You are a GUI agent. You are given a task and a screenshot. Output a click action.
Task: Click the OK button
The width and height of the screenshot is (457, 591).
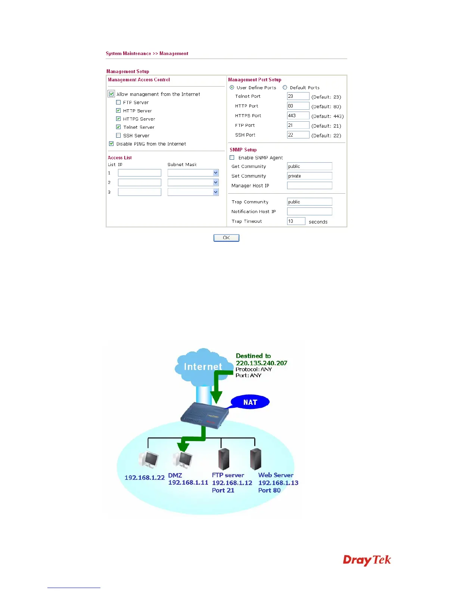point(226,238)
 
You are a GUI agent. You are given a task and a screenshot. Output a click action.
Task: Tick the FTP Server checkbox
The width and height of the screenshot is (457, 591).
point(118,102)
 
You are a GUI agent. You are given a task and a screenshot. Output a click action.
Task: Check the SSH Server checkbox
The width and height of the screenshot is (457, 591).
point(118,135)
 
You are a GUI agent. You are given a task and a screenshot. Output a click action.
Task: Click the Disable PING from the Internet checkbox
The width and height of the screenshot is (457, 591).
point(111,144)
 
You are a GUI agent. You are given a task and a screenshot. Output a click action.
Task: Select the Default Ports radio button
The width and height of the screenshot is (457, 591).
point(285,87)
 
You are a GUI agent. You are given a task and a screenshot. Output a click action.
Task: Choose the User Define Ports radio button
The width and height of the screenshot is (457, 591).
point(232,87)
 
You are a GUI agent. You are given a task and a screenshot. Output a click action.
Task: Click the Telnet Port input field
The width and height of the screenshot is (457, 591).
point(298,96)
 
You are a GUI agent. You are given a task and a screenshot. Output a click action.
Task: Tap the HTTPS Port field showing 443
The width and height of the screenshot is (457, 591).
point(298,116)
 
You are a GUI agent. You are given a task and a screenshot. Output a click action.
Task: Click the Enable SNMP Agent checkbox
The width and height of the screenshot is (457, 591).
point(232,157)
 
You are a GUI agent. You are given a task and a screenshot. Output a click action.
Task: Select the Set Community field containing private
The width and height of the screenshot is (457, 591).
point(309,176)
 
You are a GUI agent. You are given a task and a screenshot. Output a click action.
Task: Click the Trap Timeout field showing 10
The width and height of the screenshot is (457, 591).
point(296,221)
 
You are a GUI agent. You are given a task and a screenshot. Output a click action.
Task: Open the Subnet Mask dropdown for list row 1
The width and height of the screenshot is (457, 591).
point(215,173)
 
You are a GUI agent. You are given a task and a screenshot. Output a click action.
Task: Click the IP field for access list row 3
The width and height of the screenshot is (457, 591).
point(139,192)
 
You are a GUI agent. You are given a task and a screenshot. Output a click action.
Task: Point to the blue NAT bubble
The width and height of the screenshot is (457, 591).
point(250,402)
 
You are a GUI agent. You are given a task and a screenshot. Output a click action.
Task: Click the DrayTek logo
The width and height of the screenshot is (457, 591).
point(367,560)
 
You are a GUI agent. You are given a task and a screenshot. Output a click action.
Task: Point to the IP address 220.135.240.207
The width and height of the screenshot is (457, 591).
point(261,363)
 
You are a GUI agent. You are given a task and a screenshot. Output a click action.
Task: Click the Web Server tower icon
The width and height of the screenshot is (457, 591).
point(256,459)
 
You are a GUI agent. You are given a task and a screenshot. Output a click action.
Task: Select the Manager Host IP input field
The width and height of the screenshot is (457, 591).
point(309,185)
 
